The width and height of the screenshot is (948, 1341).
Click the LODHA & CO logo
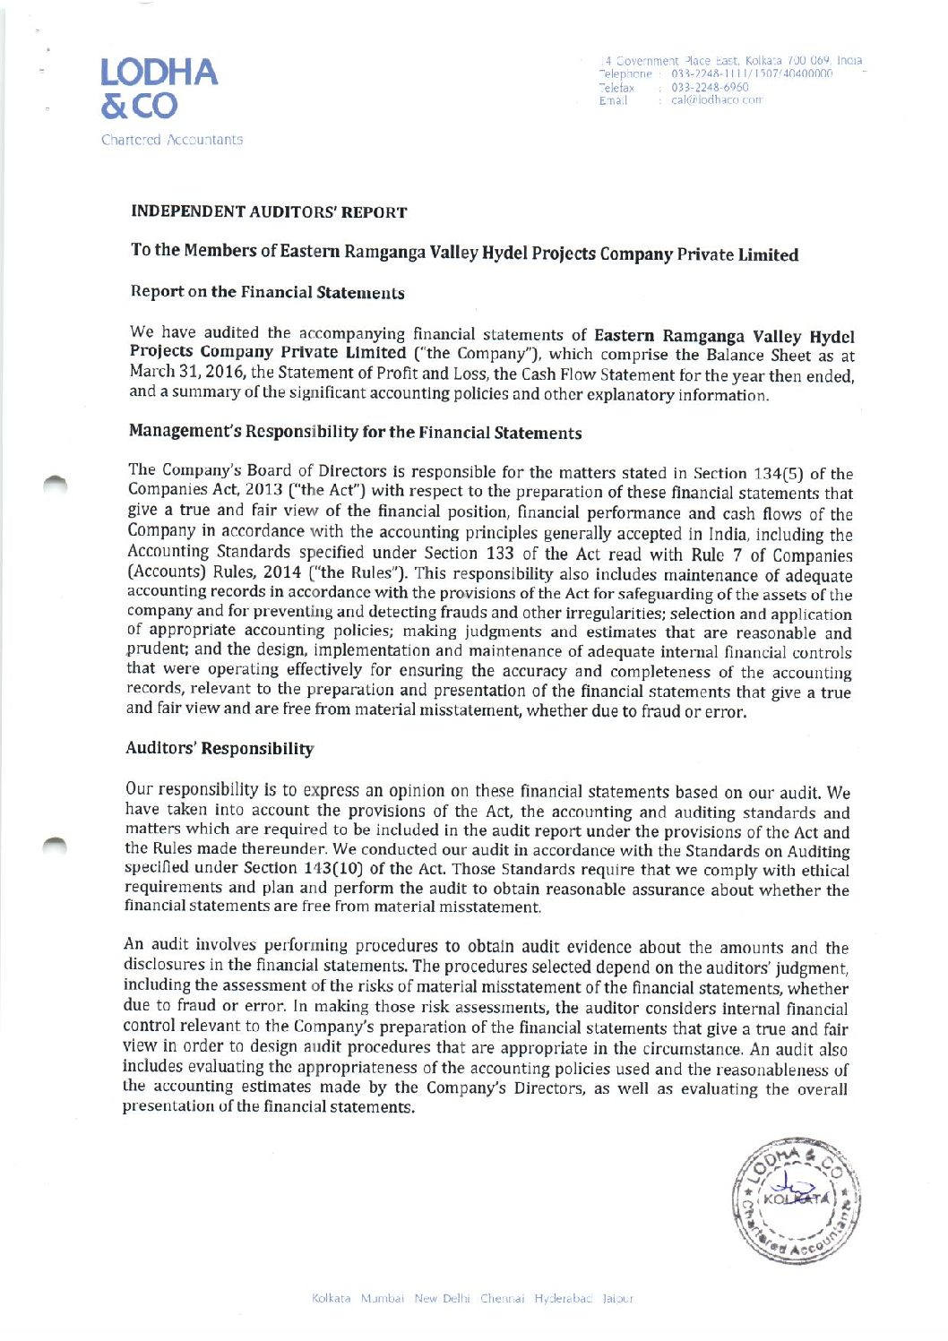(159, 88)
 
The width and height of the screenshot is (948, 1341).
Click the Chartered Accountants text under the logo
(172, 140)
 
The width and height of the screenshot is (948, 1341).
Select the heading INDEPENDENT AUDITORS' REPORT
(269, 212)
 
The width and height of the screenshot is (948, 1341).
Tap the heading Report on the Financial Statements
(267, 292)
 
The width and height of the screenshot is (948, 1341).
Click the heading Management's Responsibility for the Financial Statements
(355, 432)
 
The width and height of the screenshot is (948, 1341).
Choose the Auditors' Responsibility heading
(220, 748)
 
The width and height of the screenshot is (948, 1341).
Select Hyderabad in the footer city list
(564, 1298)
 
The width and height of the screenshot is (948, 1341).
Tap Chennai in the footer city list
(502, 1298)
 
